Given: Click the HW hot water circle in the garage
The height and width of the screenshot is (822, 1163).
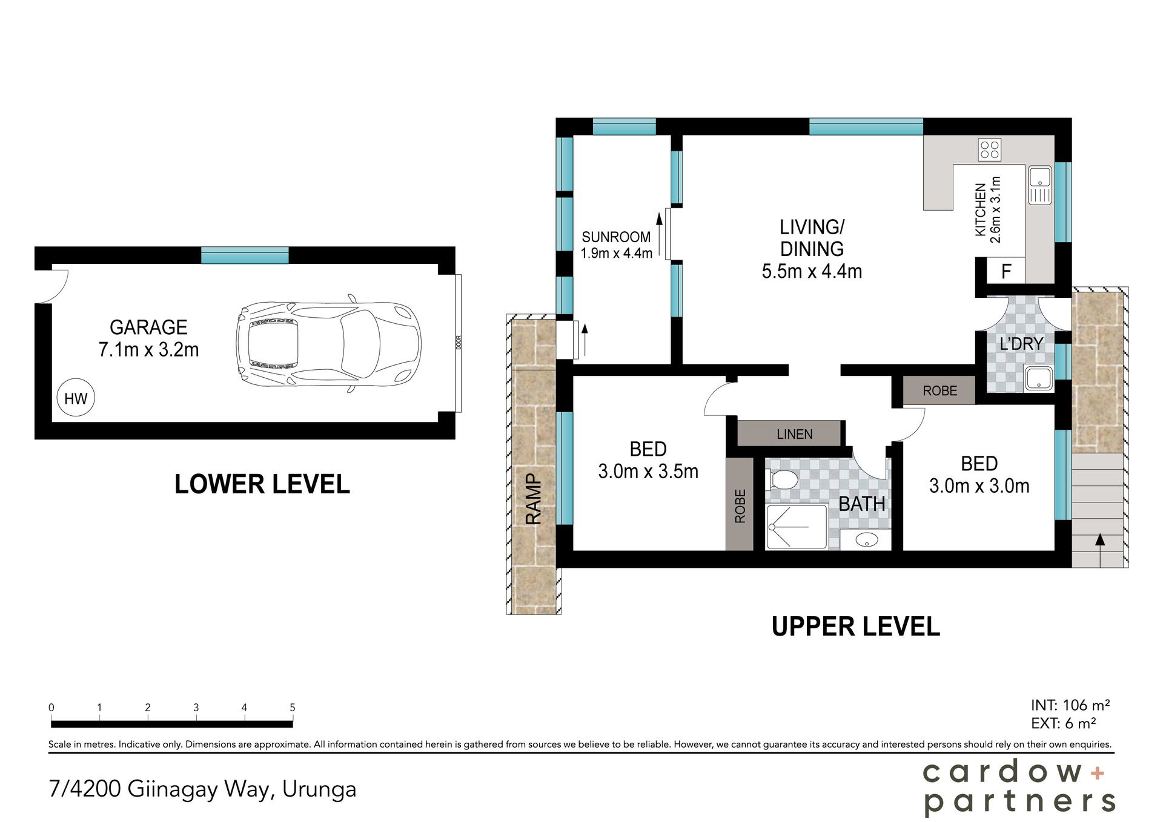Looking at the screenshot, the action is pos(76,398).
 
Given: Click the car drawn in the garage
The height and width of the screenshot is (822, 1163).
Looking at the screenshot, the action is pos(328,343).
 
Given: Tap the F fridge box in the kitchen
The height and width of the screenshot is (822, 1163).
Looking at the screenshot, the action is pos(1006,271).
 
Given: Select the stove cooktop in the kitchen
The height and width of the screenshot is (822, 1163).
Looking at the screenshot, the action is pos(990,150).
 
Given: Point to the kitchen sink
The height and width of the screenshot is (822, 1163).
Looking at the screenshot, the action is pos(1040,185).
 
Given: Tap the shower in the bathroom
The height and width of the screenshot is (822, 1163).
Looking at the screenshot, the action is pos(797,527).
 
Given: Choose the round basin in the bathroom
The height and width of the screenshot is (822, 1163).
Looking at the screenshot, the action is pos(867,539).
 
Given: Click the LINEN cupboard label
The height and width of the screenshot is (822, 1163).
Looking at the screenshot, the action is pos(794,434).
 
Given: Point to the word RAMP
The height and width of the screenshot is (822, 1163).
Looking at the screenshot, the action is pos(533,499).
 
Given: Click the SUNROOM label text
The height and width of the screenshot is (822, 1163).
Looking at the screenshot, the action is pos(616,237).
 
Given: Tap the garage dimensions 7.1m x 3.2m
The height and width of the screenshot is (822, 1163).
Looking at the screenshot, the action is pos(148,350).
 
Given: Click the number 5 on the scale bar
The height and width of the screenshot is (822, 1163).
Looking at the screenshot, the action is pos(293,707).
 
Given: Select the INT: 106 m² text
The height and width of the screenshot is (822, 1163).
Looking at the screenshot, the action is pos(1070,705).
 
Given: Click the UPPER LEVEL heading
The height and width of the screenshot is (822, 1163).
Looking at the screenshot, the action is pos(855,626).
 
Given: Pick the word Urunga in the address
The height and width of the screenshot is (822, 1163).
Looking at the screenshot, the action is pos(319,790).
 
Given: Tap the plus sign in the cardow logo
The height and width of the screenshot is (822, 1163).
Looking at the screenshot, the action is pos(1097,773).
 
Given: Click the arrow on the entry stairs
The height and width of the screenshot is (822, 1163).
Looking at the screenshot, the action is pos(1100,548).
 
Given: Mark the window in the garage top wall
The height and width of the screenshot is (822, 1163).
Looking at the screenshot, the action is pos(245,255).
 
